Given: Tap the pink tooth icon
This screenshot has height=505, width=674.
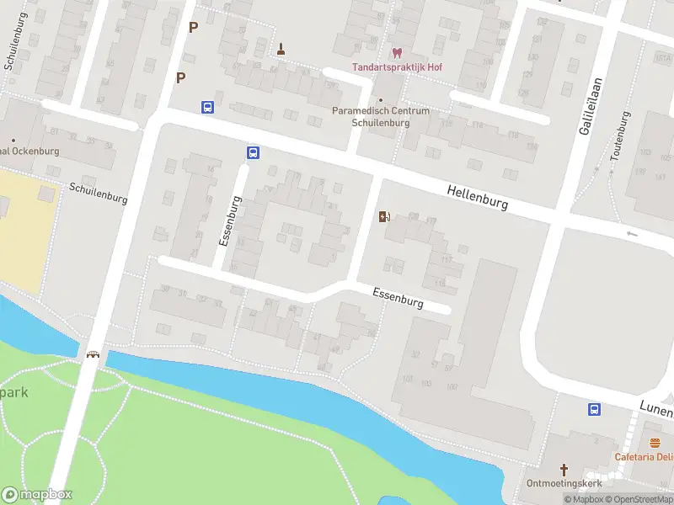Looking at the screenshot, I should [398, 52].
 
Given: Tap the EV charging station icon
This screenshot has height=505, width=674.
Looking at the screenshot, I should [385, 217].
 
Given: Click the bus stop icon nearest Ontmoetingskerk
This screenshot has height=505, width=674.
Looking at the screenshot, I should [594, 409].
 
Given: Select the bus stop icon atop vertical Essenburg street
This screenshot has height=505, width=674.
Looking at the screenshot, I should [253, 152].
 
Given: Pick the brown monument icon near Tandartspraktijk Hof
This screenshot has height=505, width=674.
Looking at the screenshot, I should [281, 49].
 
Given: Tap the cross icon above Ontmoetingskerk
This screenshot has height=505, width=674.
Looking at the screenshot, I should [564, 469].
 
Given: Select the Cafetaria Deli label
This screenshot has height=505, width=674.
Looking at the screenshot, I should [644, 457].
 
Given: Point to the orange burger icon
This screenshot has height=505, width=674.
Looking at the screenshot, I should [655, 443].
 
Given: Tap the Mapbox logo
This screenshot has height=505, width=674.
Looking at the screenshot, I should [37, 495].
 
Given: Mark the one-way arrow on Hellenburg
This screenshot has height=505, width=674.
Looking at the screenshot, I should [632, 233].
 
